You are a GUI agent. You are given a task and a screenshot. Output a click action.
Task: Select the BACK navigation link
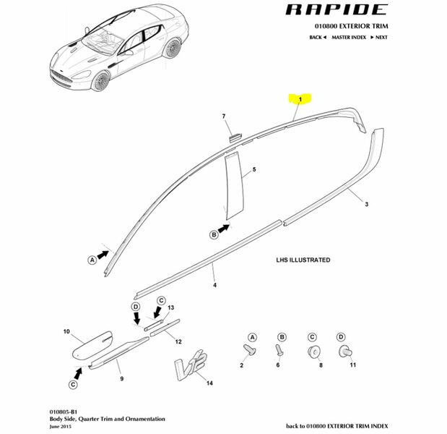(x=318, y=37)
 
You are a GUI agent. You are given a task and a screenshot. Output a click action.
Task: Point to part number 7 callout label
(x=224, y=116)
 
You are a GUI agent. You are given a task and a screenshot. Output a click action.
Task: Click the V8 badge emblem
(x=189, y=367)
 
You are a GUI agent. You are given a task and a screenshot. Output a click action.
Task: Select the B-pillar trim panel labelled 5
(x=230, y=185)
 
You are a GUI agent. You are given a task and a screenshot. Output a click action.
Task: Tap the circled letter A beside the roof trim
(x=92, y=259)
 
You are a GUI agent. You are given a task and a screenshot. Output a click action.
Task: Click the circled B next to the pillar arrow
(x=214, y=234)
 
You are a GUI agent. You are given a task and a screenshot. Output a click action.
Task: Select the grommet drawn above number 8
(x=313, y=352)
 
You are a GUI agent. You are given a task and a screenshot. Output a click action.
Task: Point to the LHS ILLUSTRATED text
(x=303, y=260)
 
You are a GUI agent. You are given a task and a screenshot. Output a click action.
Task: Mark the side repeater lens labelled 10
(x=93, y=344)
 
